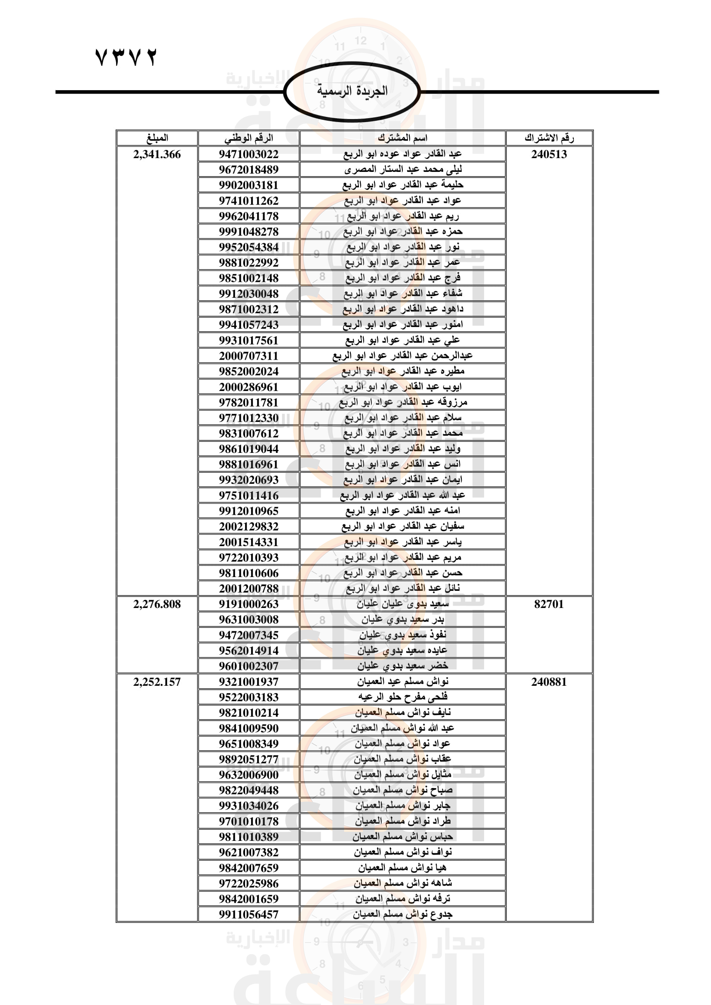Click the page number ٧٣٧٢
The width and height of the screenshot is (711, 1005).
point(126,57)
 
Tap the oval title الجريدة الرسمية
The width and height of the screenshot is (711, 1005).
point(352,91)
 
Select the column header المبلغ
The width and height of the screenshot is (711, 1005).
point(157,138)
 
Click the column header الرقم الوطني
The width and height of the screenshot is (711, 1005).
point(248,138)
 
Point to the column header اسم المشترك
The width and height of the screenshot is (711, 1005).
point(402,138)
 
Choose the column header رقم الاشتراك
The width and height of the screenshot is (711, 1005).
point(549,138)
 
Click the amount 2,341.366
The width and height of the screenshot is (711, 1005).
point(157,155)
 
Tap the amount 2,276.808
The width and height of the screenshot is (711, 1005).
point(157,604)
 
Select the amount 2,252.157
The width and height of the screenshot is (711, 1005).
point(157,681)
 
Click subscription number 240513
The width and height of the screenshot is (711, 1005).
point(549,155)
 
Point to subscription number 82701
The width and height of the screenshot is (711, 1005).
point(549,604)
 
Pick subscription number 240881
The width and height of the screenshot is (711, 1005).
point(549,681)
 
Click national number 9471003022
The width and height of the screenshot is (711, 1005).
point(248,155)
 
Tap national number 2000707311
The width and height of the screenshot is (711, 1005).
point(248,356)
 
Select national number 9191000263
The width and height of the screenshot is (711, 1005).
point(248,604)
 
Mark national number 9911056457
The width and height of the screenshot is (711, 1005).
point(248,914)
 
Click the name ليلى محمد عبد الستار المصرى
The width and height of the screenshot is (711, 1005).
point(402,169)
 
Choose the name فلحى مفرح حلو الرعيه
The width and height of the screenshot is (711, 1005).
point(402,697)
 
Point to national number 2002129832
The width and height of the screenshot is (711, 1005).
point(248,527)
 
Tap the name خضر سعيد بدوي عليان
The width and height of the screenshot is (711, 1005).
point(402,666)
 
